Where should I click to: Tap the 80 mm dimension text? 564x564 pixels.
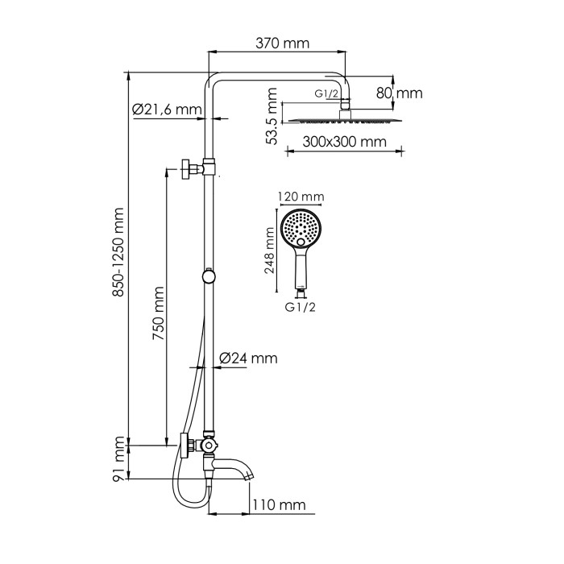coord(400,93)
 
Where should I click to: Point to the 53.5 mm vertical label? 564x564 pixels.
coord(273,122)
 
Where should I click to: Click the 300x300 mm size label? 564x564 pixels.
coord(334,143)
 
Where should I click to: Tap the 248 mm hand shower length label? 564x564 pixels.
coord(271,251)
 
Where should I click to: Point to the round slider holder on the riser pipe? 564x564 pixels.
coord(209,276)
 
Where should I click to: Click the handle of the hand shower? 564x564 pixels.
coord(300,271)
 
